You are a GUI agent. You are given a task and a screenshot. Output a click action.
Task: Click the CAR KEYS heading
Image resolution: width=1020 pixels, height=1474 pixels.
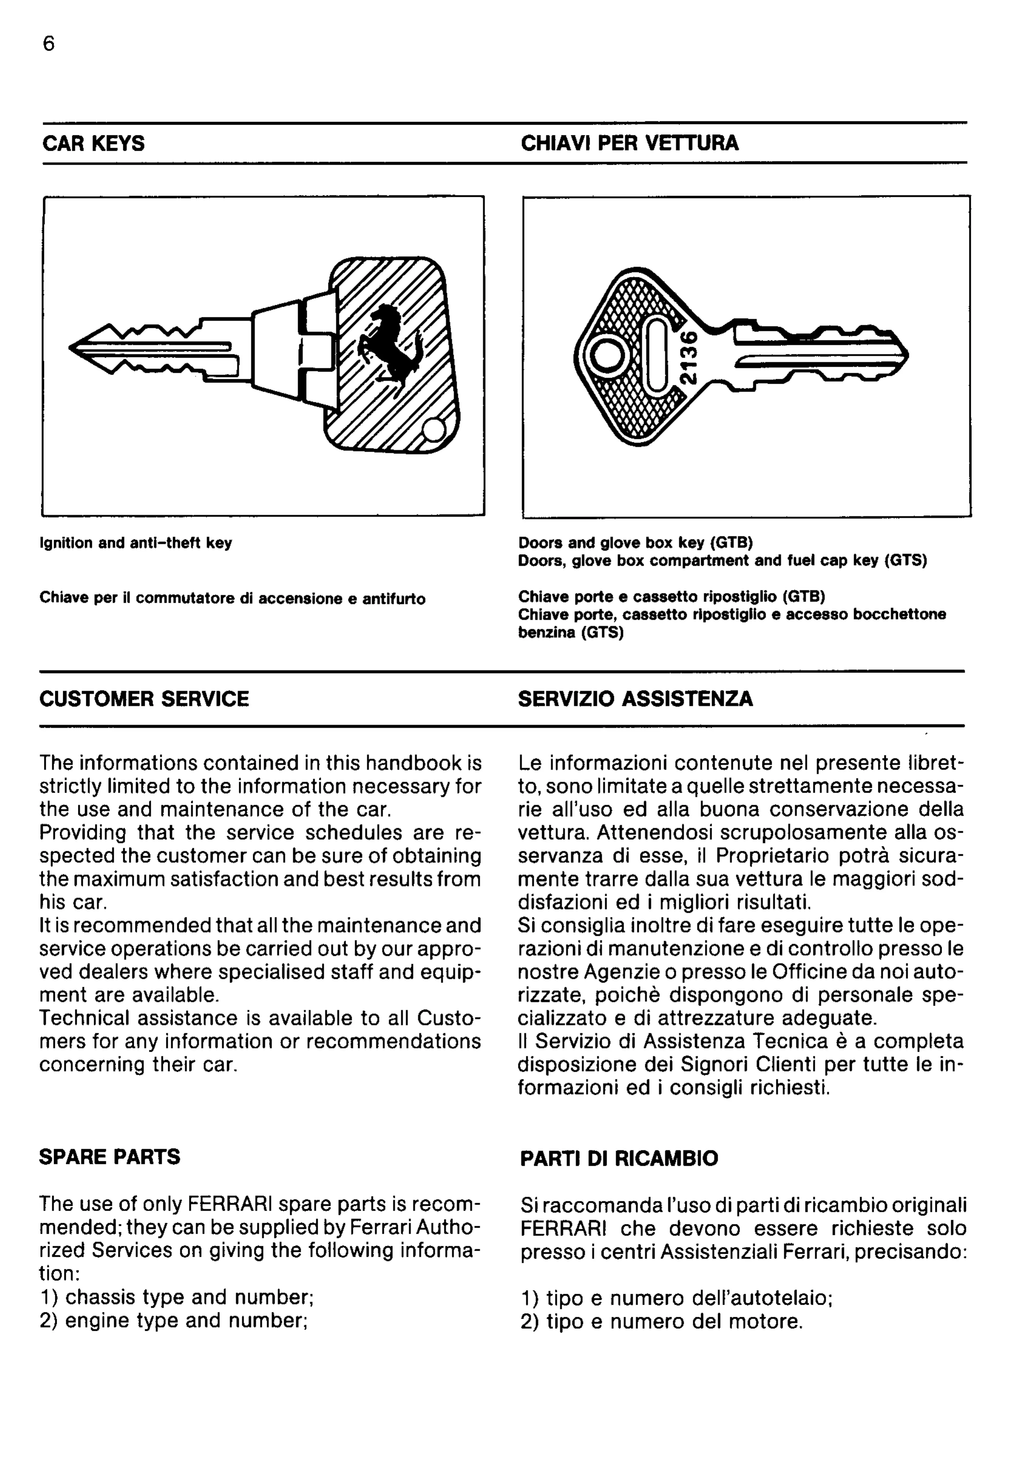[93, 143]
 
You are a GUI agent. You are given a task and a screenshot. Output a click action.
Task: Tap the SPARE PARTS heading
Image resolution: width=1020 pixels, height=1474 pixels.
[110, 1157]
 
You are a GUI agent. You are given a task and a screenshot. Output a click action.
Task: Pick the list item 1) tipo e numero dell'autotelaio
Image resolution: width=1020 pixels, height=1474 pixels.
[676, 1299]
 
